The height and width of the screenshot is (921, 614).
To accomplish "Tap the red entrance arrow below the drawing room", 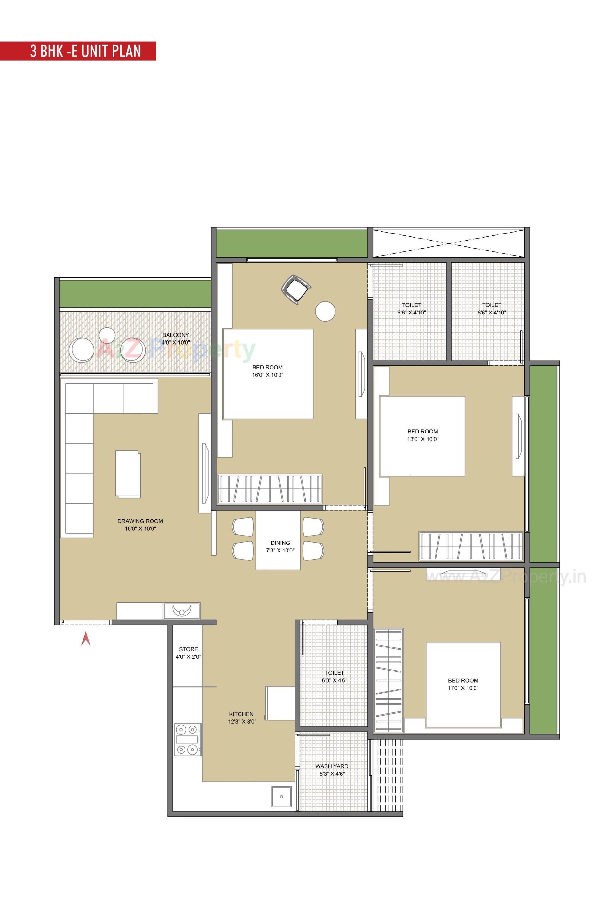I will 86,640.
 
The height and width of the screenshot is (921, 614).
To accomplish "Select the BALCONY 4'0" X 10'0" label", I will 176,338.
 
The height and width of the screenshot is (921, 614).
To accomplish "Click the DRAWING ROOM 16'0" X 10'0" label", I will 140,525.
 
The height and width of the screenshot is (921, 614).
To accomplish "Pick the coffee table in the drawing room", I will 128,474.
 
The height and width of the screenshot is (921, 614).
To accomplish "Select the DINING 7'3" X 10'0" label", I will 280,546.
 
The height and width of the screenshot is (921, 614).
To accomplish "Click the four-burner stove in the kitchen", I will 187,740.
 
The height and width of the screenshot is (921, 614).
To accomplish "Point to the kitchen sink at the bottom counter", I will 281,797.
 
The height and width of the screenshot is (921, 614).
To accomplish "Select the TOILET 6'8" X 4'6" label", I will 335,677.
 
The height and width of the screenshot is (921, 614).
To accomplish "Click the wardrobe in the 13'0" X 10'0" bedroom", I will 471,546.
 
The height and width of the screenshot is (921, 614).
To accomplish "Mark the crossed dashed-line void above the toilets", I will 448,243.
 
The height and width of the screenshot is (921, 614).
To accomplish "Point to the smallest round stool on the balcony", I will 107,334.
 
